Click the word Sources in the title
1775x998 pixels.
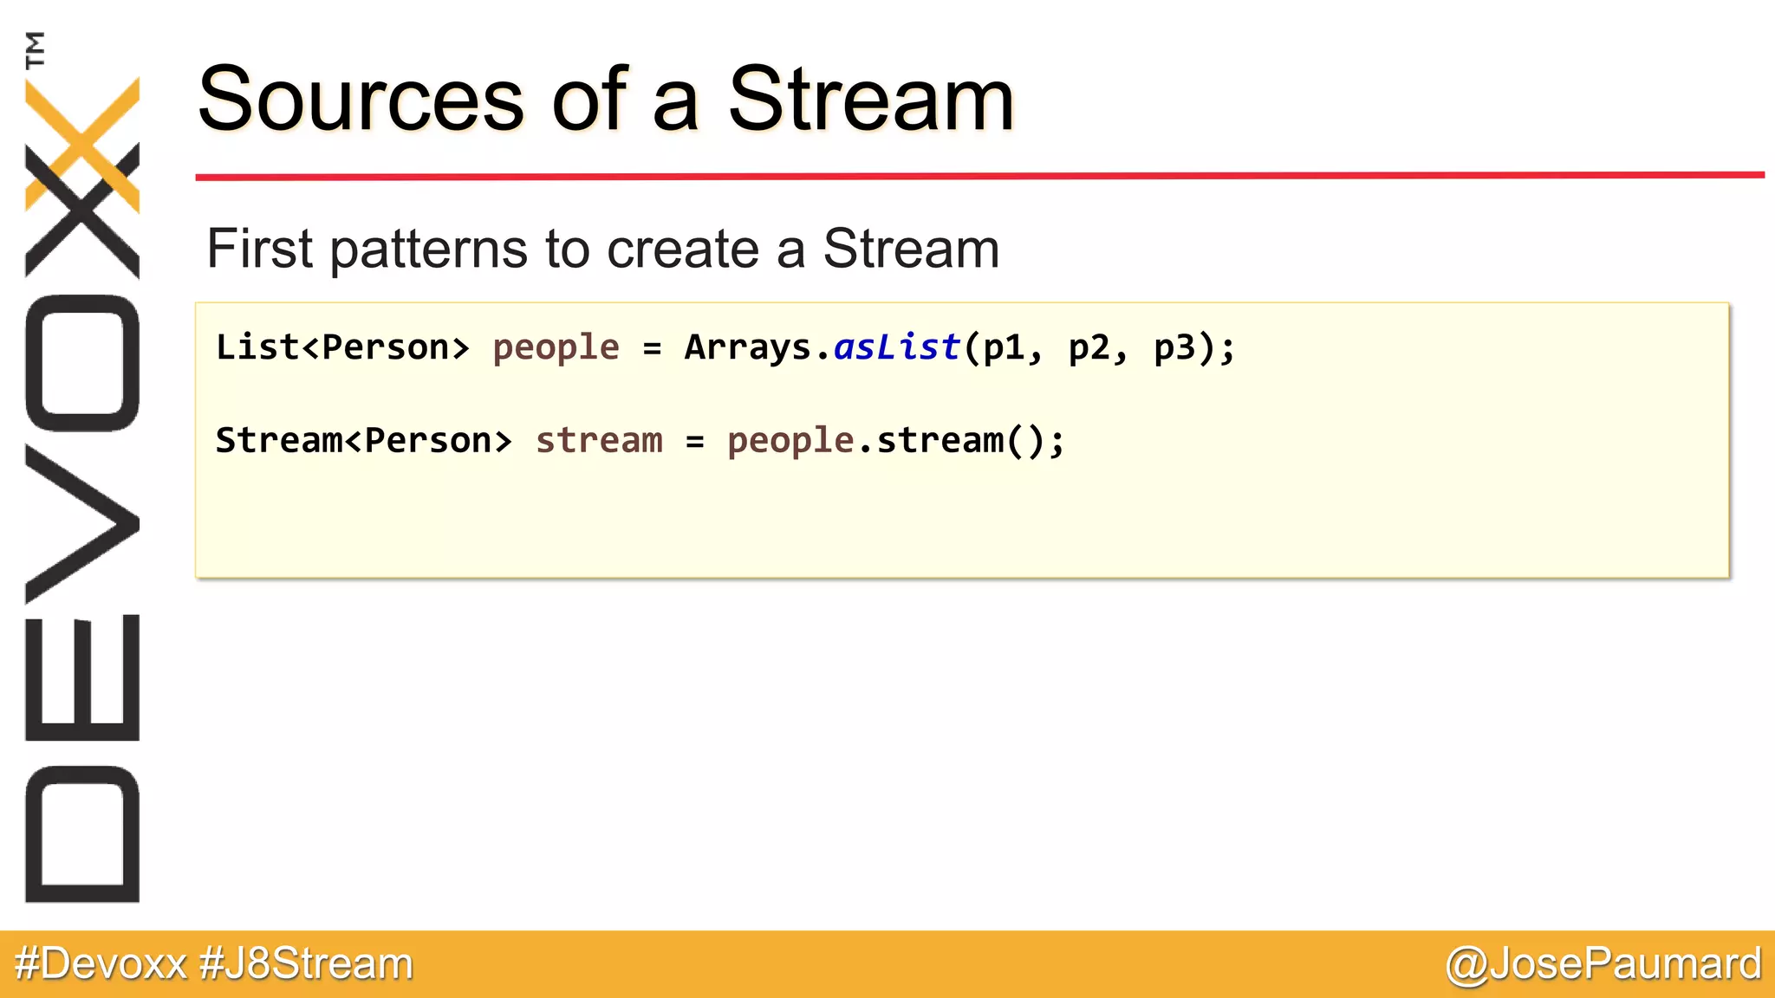coord(360,100)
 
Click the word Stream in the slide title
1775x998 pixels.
coord(870,100)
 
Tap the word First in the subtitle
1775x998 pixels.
coord(258,249)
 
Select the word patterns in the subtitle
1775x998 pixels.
coord(429,249)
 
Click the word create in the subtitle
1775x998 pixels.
coord(681,249)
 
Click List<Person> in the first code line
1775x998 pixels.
coord(342,347)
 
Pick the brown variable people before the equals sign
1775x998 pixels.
coord(556,347)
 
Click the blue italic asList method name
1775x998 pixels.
coord(896,347)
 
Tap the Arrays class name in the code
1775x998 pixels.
coord(747,347)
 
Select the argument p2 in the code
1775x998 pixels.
coord(1089,347)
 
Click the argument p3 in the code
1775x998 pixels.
coord(1174,347)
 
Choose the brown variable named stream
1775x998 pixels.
coord(599,441)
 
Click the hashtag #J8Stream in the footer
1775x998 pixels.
coord(306,964)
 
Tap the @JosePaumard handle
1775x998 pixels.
coord(1603,964)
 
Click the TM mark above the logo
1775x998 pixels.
coord(36,49)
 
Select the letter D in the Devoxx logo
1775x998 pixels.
coord(82,833)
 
